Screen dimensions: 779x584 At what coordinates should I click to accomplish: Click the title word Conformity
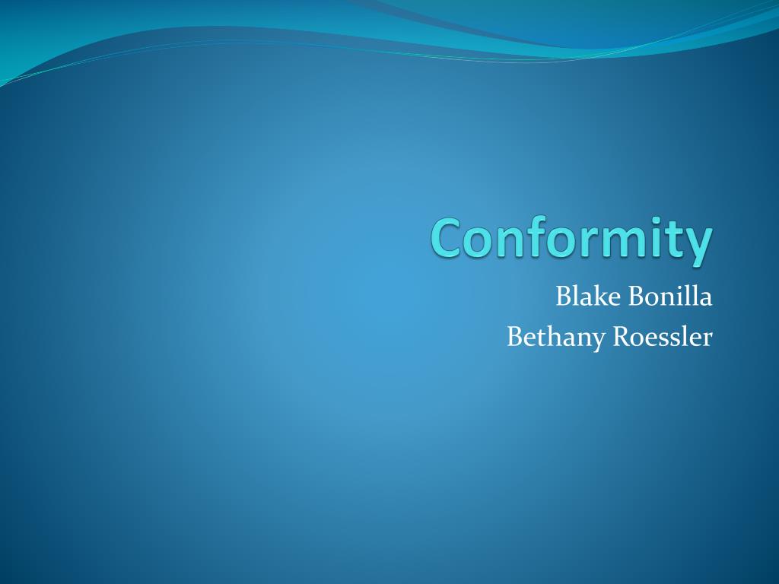tap(571, 239)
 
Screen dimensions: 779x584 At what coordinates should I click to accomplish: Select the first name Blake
tap(588, 296)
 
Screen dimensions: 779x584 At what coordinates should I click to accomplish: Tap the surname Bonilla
tap(670, 296)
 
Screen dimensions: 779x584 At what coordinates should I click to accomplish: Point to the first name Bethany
tap(556, 338)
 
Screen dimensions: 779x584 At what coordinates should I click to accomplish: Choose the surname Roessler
tap(663, 337)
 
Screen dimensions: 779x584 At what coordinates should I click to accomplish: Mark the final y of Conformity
tap(700, 247)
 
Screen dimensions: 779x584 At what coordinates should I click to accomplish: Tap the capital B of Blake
tap(564, 297)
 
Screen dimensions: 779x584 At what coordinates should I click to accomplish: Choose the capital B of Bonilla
tap(636, 297)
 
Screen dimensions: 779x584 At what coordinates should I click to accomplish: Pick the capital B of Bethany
tap(515, 337)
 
